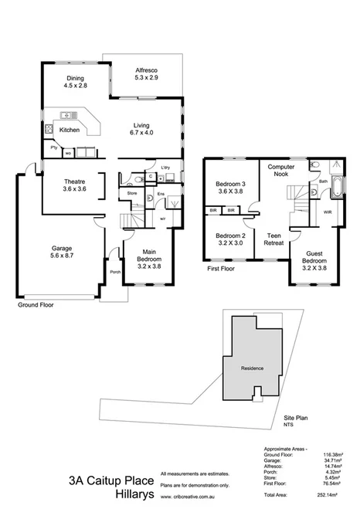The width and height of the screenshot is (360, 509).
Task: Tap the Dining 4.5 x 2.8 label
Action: click(x=75, y=83)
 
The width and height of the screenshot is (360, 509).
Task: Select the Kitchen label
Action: click(x=70, y=130)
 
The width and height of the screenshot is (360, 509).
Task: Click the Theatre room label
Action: click(x=75, y=184)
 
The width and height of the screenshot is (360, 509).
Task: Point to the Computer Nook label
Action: click(x=277, y=171)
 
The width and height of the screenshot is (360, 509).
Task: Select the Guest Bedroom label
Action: click(x=314, y=261)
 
